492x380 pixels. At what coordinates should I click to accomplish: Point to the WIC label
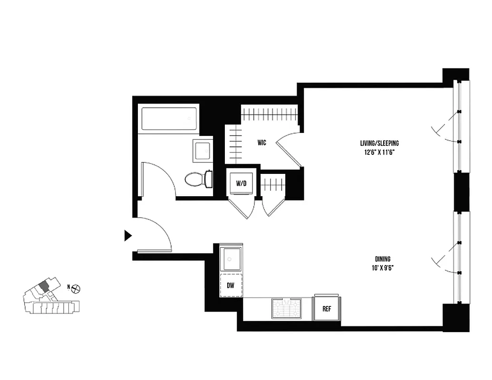tap(262, 142)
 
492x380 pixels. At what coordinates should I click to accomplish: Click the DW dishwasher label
tap(231, 285)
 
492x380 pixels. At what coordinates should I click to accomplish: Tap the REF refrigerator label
tap(327, 309)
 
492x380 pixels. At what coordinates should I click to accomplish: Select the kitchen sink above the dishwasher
tap(231, 259)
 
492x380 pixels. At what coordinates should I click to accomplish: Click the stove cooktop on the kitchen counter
tap(286, 309)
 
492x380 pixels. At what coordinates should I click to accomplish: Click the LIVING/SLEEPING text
tap(379, 143)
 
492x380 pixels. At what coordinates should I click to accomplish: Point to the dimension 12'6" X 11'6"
tap(379, 152)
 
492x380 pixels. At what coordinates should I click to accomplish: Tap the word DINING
tap(383, 259)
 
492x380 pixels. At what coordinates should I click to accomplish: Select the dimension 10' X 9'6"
tap(383, 268)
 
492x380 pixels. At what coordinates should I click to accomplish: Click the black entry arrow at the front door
tap(127, 235)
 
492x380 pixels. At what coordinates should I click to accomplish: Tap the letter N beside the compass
tap(69, 287)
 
